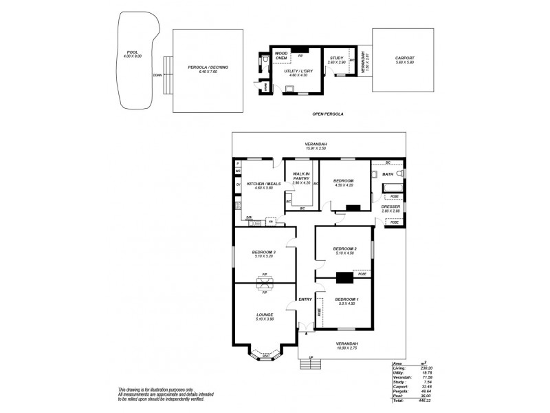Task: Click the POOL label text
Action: (133, 52)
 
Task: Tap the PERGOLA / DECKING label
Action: (208, 67)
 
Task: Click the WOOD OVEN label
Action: (281, 56)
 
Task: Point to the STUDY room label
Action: (336, 59)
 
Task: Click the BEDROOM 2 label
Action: (344, 248)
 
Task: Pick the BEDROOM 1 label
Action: (346, 299)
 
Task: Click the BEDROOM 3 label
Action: (265, 252)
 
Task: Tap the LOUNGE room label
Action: (265, 315)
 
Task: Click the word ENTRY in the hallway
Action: (305, 299)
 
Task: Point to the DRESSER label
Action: (390, 206)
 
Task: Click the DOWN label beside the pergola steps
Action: (157, 75)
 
